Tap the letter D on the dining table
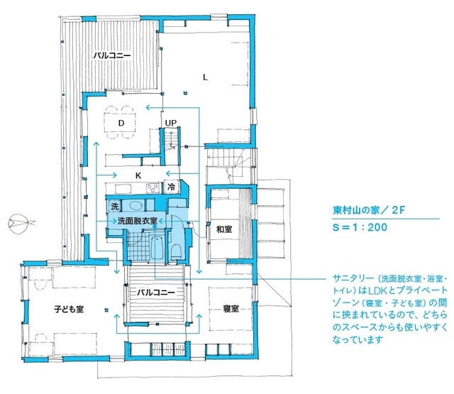click(121, 123)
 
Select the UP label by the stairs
click(171, 123)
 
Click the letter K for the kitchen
click(140, 174)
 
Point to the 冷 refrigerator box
click(172, 187)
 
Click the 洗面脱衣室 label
click(137, 221)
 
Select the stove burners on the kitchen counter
click(153, 187)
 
